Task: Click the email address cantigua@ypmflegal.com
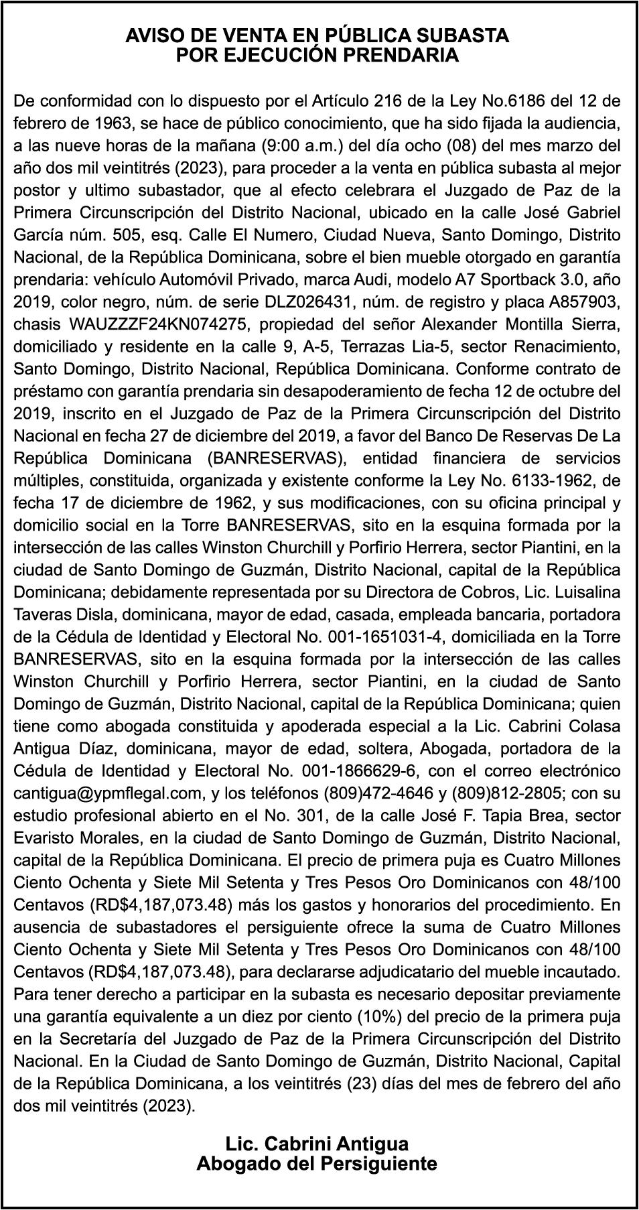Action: [108, 794]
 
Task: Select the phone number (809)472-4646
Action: [378, 794]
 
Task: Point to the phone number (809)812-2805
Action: [507, 794]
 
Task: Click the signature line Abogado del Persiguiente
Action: [317, 1164]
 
